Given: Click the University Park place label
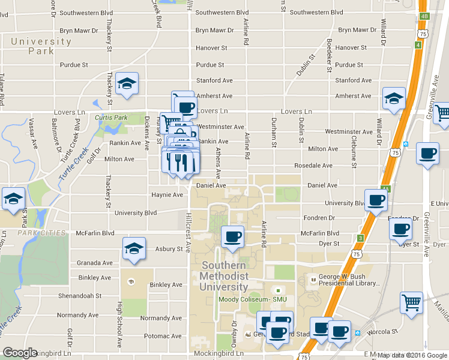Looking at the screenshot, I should click(x=41, y=46).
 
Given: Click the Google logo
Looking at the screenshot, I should click(x=20, y=353).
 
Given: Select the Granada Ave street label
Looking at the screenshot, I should click(x=95, y=263).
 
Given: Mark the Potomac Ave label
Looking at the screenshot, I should click(x=164, y=338).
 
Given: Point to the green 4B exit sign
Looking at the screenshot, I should click(x=424, y=16).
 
